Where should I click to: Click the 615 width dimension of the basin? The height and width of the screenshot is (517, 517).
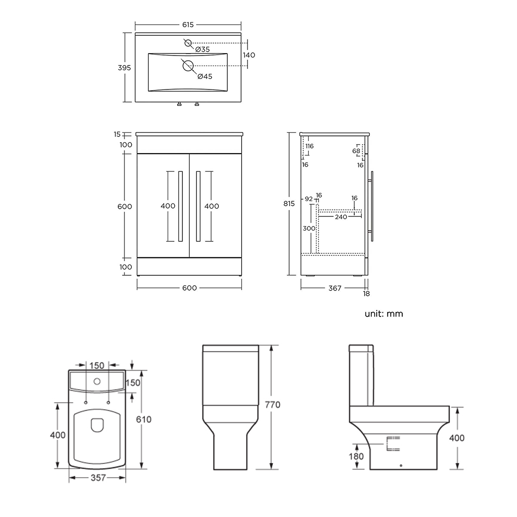(188, 25)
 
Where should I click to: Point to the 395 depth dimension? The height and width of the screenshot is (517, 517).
(124, 67)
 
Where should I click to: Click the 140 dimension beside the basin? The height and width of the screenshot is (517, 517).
(249, 55)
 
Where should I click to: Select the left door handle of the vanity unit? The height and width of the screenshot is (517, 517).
(180, 206)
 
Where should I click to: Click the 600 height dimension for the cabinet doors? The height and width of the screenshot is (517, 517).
(124, 206)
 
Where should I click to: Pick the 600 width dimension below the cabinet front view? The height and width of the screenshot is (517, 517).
(190, 288)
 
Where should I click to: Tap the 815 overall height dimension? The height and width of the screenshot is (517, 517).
(289, 203)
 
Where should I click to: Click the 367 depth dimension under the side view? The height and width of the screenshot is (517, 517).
(335, 288)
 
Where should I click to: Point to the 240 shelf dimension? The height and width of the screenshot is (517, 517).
(341, 217)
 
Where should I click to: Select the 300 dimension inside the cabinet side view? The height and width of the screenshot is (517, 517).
(309, 228)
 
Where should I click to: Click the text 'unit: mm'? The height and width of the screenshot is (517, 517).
(384, 314)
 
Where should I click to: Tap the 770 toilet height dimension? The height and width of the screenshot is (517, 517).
(272, 405)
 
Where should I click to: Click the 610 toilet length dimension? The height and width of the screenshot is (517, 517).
(144, 419)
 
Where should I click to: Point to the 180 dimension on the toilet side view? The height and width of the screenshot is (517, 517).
(356, 456)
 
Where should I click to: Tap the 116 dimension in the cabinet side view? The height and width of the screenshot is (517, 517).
(309, 146)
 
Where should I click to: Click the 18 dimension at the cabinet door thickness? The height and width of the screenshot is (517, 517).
(367, 294)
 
